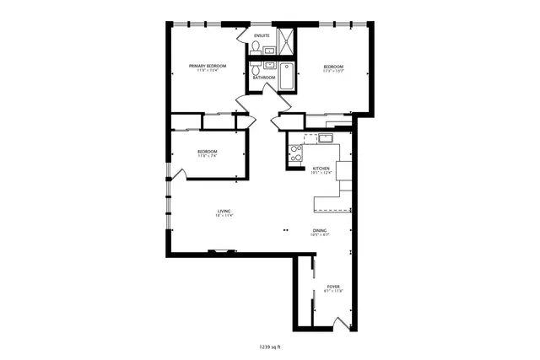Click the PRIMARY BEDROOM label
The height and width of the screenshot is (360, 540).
point(207,65)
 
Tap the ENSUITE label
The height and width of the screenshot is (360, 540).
point(262,35)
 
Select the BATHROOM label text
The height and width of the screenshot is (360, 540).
point(265,78)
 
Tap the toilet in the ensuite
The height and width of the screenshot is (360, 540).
point(254,49)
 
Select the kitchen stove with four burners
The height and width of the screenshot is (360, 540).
point(295,153)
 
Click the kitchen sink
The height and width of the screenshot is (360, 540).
point(327,138)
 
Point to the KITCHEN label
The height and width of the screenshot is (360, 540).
point(321,169)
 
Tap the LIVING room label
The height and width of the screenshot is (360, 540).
point(224,211)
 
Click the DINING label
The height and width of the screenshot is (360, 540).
point(320,230)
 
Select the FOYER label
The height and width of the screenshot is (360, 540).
point(332,287)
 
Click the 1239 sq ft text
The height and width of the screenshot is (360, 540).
point(270,346)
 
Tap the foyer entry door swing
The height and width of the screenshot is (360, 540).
point(339,322)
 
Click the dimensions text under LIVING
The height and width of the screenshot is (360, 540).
point(224,216)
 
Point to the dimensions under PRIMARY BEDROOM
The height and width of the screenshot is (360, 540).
point(207,70)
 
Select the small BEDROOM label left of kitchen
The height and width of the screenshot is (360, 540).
point(208,152)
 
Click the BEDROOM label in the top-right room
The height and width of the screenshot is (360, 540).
point(334,66)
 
